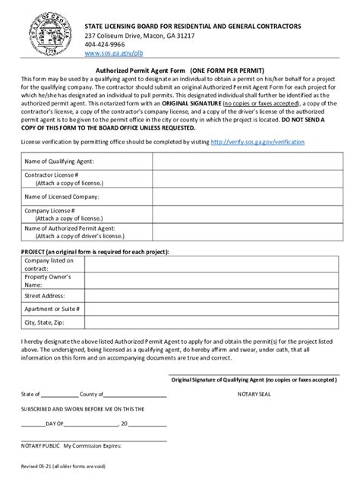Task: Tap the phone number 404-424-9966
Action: coord(106,44)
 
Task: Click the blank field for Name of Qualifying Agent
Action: coord(240,162)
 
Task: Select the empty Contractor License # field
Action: coord(240,179)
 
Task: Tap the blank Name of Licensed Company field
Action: coord(240,196)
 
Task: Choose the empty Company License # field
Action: coord(240,213)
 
